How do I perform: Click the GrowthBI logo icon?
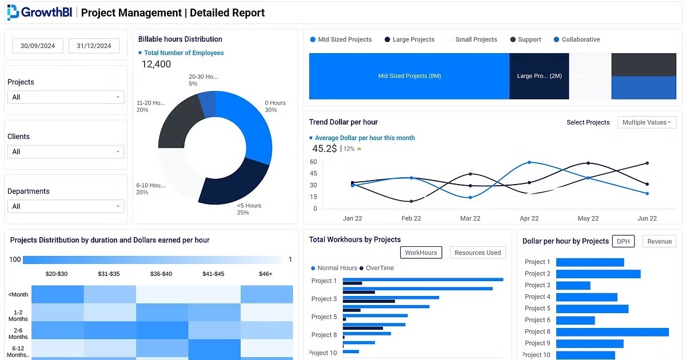[x=13, y=12]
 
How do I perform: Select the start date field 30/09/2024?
[x=38, y=46]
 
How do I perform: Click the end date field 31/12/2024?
[x=94, y=46]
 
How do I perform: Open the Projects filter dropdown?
[x=66, y=97]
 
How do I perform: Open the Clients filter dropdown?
[x=66, y=151]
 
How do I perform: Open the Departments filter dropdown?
[x=66, y=206]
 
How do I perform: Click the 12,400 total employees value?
[x=156, y=65]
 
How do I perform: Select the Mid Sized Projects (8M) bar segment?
[x=409, y=76]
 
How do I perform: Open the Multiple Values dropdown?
[x=647, y=122]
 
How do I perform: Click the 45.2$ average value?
[x=324, y=149]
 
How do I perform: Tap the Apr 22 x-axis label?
[x=529, y=218]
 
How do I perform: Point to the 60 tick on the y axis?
[x=313, y=162]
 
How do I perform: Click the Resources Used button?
[x=477, y=253]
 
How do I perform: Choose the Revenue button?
[x=659, y=241]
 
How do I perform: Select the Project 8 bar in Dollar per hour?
[x=612, y=331]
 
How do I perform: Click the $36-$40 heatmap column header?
[x=162, y=274]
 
